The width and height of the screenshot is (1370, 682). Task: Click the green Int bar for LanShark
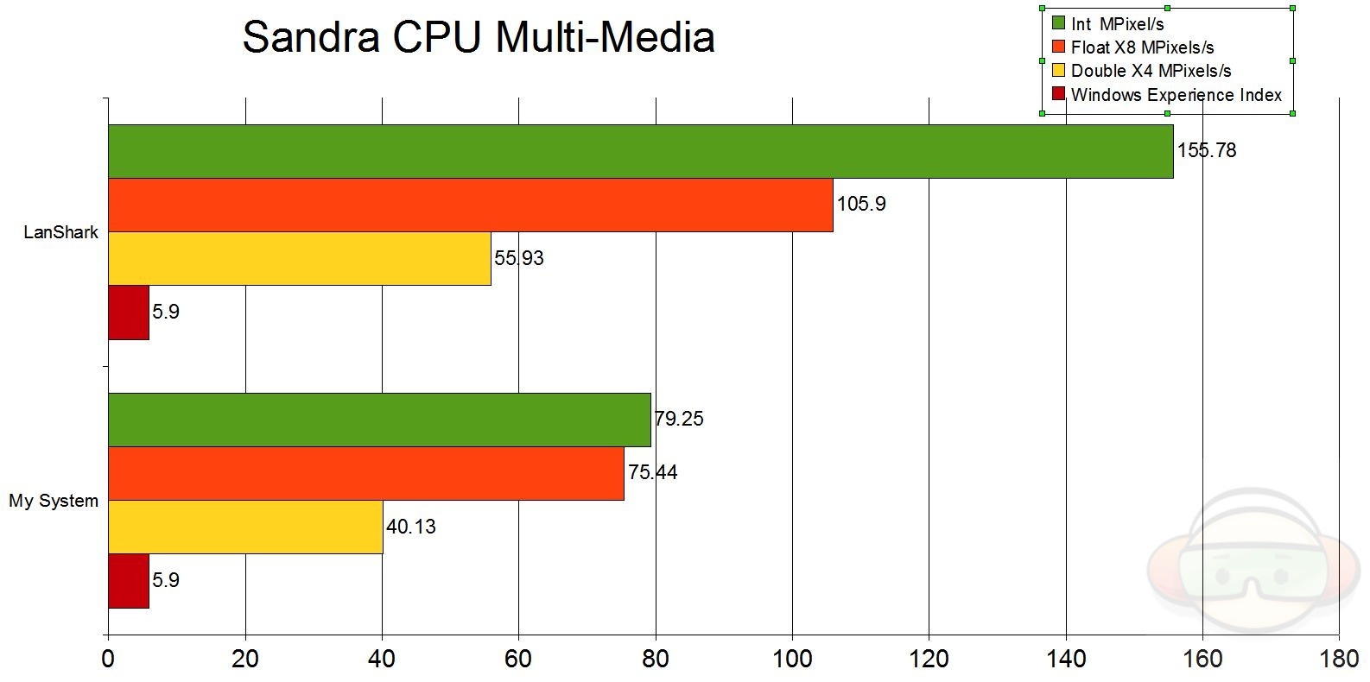[x=640, y=152]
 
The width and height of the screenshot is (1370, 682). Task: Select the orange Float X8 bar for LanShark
[x=471, y=205]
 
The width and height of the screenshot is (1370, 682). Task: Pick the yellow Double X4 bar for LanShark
[x=300, y=259]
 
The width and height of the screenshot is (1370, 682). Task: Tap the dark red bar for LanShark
[x=129, y=313]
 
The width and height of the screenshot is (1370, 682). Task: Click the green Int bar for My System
[x=379, y=420]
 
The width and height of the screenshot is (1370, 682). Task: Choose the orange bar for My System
[x=366, y=474]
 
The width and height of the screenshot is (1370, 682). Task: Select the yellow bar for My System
[x=245, y=527]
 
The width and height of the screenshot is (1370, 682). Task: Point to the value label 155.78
[x=1207, y=151]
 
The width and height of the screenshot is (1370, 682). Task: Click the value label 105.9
[x=861, y=205]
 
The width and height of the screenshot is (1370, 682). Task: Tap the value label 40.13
[x=411, y=527]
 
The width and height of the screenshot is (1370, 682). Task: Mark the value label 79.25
[x=679, y=420]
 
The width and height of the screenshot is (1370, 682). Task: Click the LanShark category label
[x=61, y=232]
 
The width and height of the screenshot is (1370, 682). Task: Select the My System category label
[x=54, y=501]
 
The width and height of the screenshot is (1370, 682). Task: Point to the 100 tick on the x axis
[x=792, y=659]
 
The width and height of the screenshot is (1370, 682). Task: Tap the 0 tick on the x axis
[x=108, y=659]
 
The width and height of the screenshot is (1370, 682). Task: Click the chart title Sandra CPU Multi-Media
[x=478, y=38]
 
